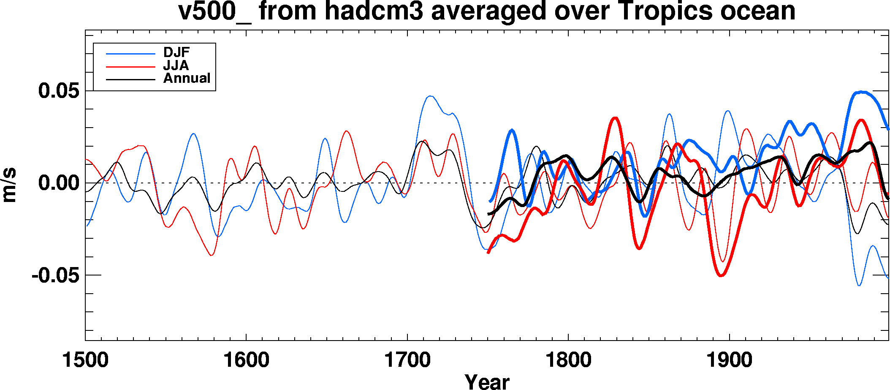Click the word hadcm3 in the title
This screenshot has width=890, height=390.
click(x=373, y=11)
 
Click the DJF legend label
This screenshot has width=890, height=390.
click(x=176, y=52)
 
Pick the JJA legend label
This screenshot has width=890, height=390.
click(x=176, y=65)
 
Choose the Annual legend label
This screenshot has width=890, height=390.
click(x=187, y=78)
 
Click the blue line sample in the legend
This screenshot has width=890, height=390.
click(x=130, y=54)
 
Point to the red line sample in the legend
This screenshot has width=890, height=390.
click(x=130, y=67)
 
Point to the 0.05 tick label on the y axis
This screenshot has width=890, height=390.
click(x=59, y=91)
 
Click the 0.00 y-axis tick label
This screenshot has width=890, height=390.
click(x=59, y=183)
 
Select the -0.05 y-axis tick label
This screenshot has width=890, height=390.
click(x=55, y=275)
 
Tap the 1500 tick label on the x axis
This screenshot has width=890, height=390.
click(x=85, y=360)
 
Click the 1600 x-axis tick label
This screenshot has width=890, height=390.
click(x=246, y=360)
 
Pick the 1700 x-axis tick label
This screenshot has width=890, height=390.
click(x=407, y=360)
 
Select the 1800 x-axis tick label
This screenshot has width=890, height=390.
click(x=568, y=360)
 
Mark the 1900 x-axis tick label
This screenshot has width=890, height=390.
click(x=729, y=360)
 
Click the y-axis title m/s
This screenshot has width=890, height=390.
click(x=9, y=185)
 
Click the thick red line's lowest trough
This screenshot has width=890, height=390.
click(x=721, y=275)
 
